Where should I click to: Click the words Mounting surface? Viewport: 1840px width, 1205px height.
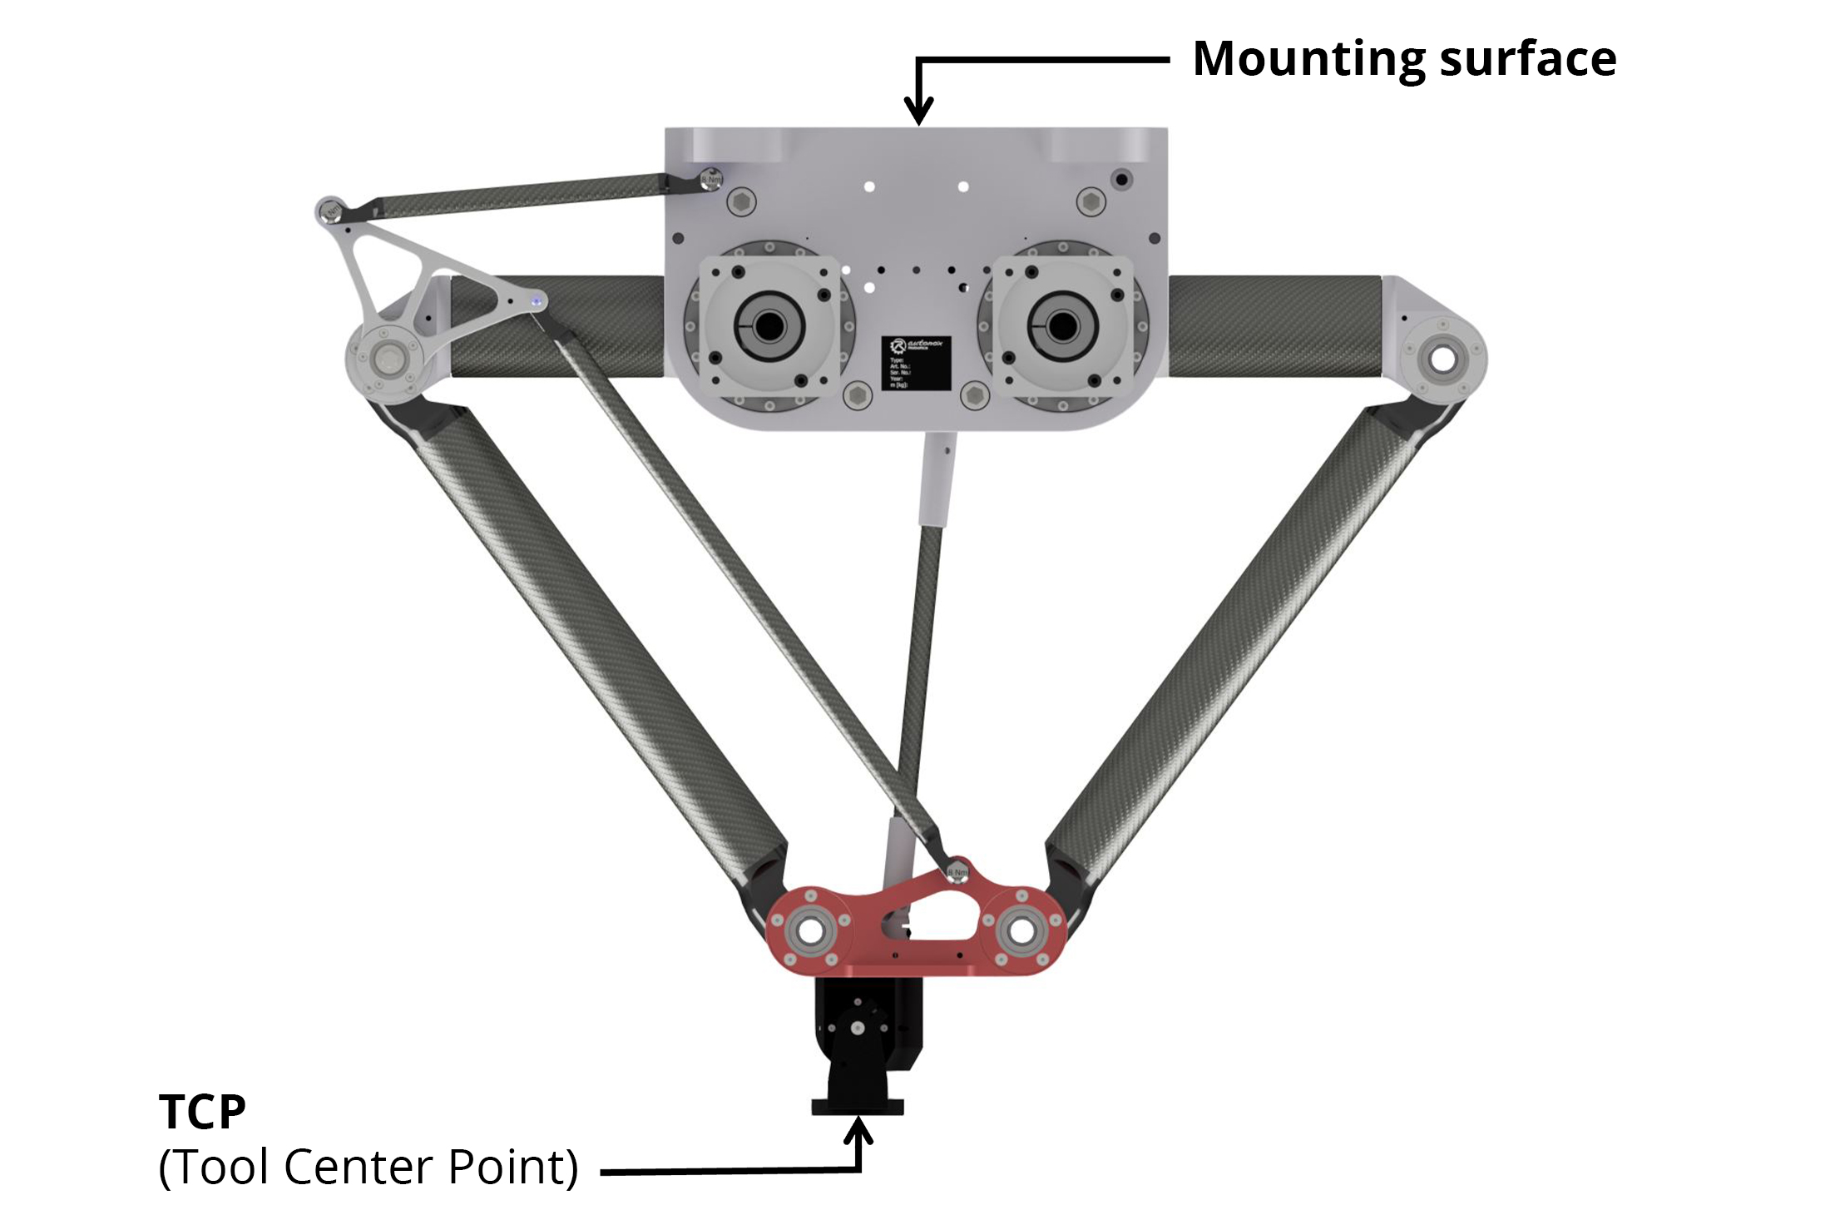(x=1404, y=59)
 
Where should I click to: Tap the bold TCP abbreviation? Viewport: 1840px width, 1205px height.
(x=202, y=1112)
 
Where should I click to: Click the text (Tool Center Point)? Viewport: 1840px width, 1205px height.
(x=368, y=1167)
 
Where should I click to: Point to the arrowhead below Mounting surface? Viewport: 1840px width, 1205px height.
(x=918, y=112)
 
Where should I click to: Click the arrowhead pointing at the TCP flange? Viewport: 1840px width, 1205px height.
(x=859, y=1131)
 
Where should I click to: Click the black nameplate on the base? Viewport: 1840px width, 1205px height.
(x=916, y=362)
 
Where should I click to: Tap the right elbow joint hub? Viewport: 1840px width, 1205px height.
(x=1443, y=360)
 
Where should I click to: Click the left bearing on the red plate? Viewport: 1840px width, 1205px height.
(x=809, y=931)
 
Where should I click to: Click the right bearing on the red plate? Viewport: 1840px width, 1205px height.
(x=1021, y=931)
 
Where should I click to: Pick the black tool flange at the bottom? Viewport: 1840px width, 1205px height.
(x=858, y=1106)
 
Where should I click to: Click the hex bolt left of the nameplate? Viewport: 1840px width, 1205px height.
(x=856, y=395)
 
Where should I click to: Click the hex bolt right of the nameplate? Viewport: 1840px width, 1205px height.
(x=972, y=395)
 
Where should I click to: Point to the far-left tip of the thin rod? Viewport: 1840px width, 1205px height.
(x=328, y=209)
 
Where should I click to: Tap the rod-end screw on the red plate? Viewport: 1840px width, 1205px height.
(x=957, y=870)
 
